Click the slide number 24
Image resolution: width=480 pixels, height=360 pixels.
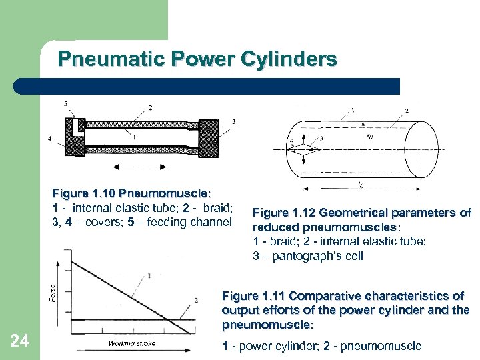tap(21, 341)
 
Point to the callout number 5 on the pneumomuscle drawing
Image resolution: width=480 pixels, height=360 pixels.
tap(65, 103)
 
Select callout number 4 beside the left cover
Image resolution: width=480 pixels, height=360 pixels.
tap(50, 139)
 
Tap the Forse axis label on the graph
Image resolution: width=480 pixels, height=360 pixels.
tap(53, 292)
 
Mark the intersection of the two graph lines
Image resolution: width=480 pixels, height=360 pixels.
tap(175, 318)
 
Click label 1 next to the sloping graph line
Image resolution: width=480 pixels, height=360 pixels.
tap(149, 275)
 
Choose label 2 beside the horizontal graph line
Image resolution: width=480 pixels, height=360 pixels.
tap(195, 301)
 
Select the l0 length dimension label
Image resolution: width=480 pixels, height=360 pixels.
tap(360, 184)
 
